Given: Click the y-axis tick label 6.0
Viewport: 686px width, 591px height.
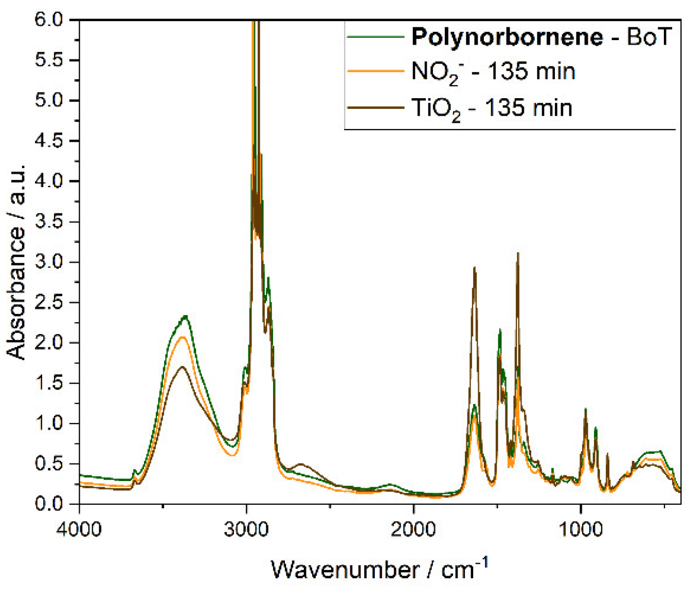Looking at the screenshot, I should point(48,20).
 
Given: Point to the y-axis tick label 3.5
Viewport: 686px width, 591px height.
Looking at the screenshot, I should point(48,222).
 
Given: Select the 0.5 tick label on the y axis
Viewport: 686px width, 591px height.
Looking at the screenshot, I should point(48,464).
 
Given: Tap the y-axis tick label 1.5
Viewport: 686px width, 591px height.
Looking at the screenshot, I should point(48,383).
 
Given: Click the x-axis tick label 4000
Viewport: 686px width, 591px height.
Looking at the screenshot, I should point(79,529).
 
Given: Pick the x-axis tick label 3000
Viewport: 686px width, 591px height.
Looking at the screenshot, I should point(246,529).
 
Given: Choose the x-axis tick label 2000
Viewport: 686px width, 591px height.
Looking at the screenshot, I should point(413,529).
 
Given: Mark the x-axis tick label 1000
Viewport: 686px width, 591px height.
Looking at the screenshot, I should point(581,529).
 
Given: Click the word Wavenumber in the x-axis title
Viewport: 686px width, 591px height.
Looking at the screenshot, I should point(345,570).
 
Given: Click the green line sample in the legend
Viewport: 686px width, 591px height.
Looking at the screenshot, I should point(375,37).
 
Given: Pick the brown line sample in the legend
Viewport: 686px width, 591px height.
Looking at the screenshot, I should point(375,107).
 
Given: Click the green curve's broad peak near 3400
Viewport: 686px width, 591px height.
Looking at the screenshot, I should point(185,316).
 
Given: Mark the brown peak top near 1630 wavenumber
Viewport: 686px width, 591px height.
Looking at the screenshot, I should point(475,268).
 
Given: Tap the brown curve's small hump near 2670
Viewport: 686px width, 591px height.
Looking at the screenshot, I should point(301,464).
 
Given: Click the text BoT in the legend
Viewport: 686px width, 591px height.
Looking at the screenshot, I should point(649,38).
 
